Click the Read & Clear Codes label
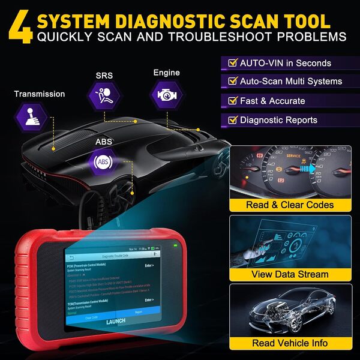point(289,205)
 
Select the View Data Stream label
point(290,274)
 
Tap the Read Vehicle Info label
point(290,343)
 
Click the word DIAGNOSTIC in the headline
point(171,21)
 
